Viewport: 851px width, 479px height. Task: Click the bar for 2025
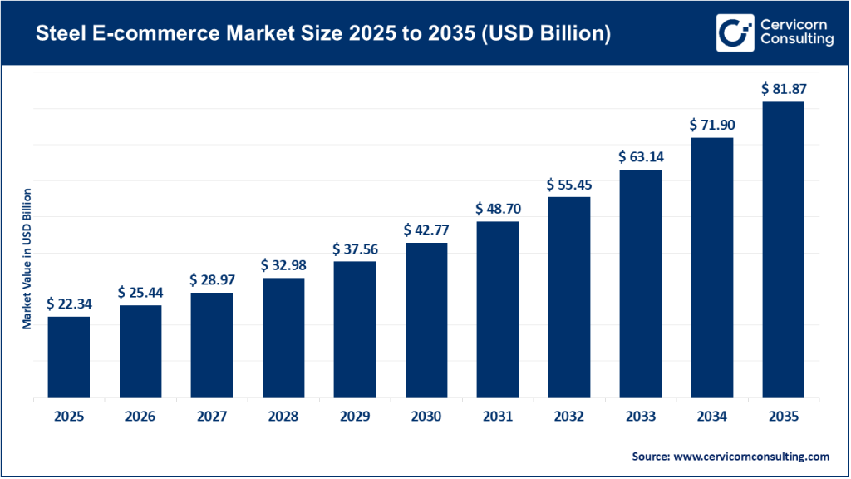click(68, 357)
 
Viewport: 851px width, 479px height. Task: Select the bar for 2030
click(425, 320)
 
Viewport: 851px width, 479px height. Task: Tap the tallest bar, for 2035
click(783, 249)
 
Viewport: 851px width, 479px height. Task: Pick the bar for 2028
click(283, 338)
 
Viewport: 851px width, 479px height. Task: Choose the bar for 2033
click(640, 284)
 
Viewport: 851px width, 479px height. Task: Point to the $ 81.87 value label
click(783, 88)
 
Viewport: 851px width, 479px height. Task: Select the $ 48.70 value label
click(497, 208)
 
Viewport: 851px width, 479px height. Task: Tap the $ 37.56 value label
click(354, 249)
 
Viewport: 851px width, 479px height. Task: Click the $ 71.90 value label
click(711, 125)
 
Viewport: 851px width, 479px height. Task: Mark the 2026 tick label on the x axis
click(140, 416)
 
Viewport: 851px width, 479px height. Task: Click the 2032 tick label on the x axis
click(568, 416)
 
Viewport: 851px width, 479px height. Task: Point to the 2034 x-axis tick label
click(711, 416)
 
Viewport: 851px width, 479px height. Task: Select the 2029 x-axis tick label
click(354, 416)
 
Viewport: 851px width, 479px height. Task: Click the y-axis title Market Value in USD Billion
click(27, 259)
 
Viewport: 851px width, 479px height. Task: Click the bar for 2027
click(211, 345)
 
